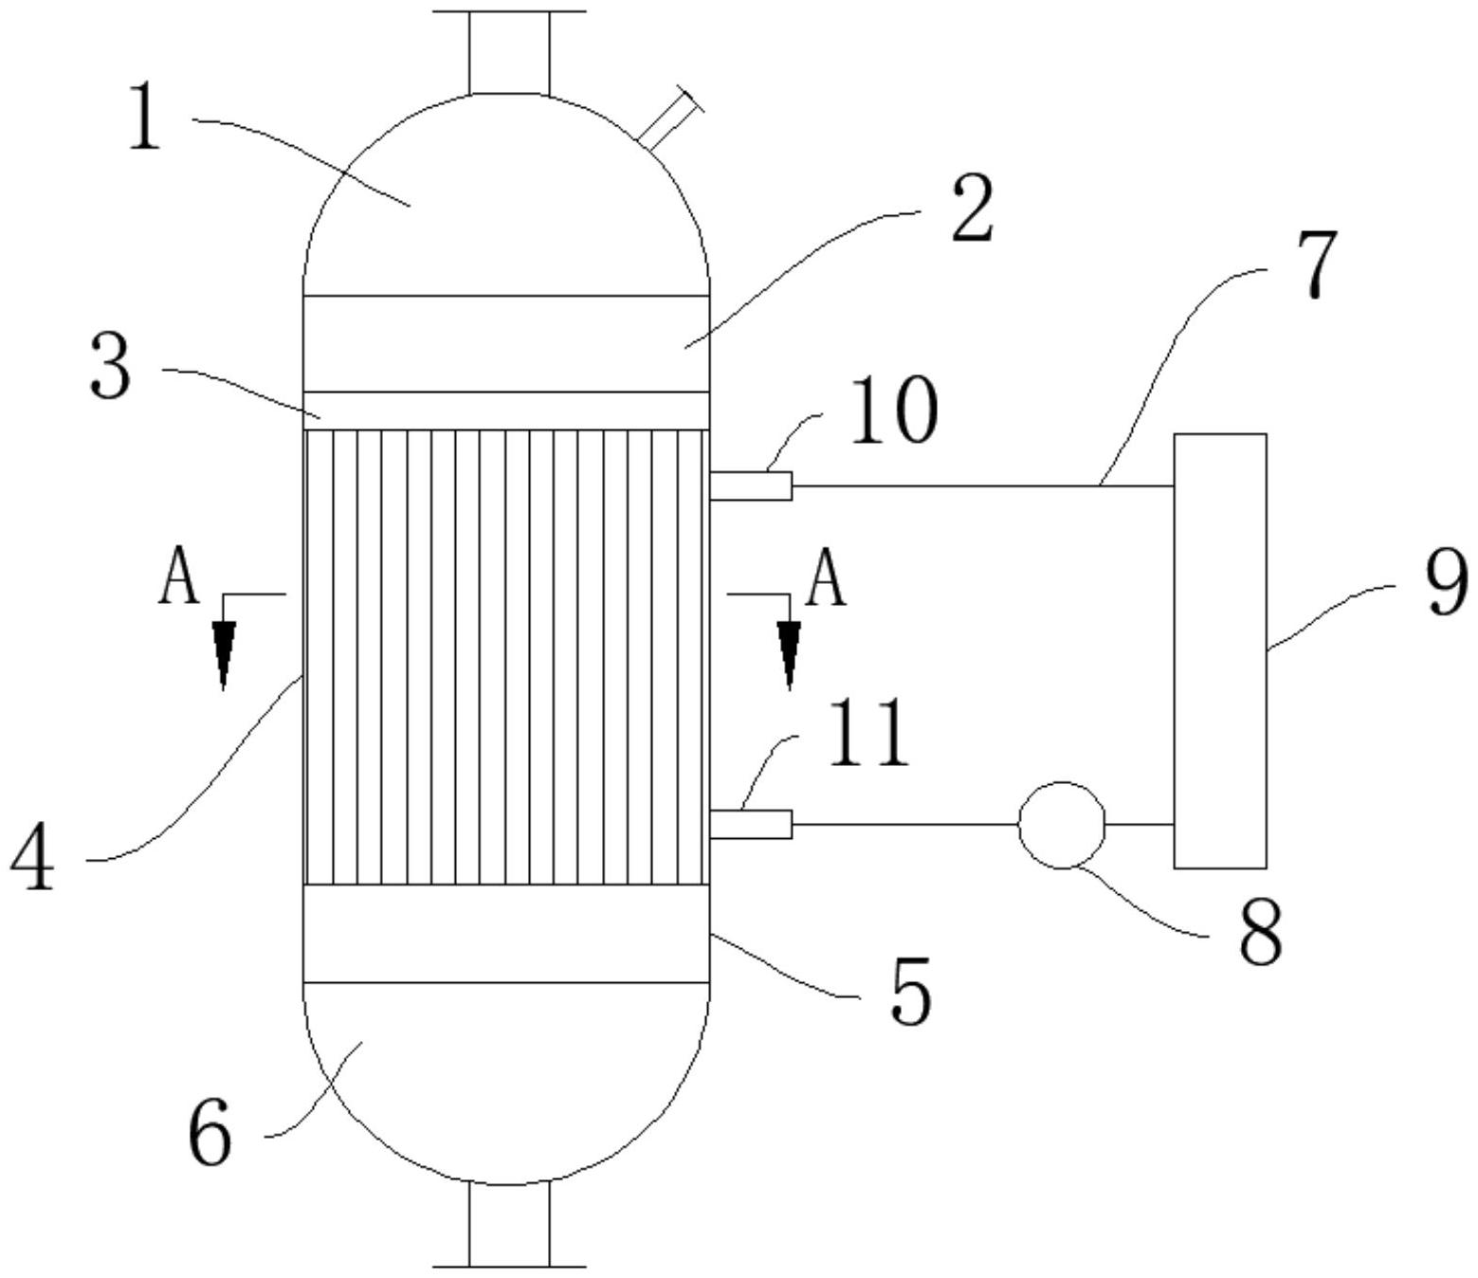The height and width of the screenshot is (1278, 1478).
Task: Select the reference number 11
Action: coord(868,733)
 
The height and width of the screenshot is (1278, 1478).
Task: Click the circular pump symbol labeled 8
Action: coord(1061,825)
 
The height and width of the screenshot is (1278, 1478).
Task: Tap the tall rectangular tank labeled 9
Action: coord(1220,650)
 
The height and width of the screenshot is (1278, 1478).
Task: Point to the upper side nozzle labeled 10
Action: coord(750,486)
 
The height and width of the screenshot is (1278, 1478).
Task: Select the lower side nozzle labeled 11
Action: coord(750,825)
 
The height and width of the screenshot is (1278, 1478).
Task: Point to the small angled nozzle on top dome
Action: coord(669,119)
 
